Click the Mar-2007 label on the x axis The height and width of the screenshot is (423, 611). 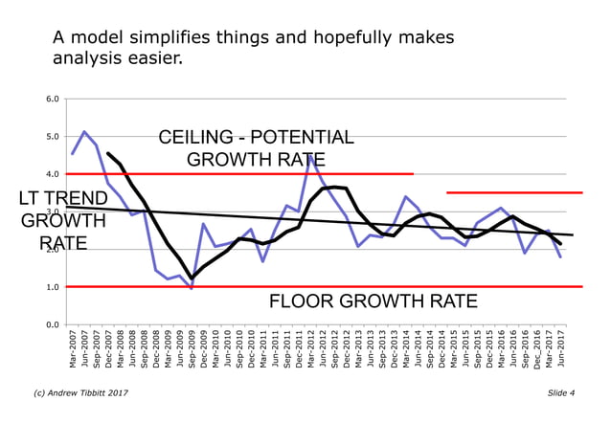point(73,350)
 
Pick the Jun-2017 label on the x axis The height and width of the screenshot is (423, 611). point(560,350)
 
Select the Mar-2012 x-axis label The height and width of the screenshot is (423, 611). point(311,350)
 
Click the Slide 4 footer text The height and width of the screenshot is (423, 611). point(561,393)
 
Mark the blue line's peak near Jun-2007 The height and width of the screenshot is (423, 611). point(84,132)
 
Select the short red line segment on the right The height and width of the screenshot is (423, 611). point(514,193)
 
